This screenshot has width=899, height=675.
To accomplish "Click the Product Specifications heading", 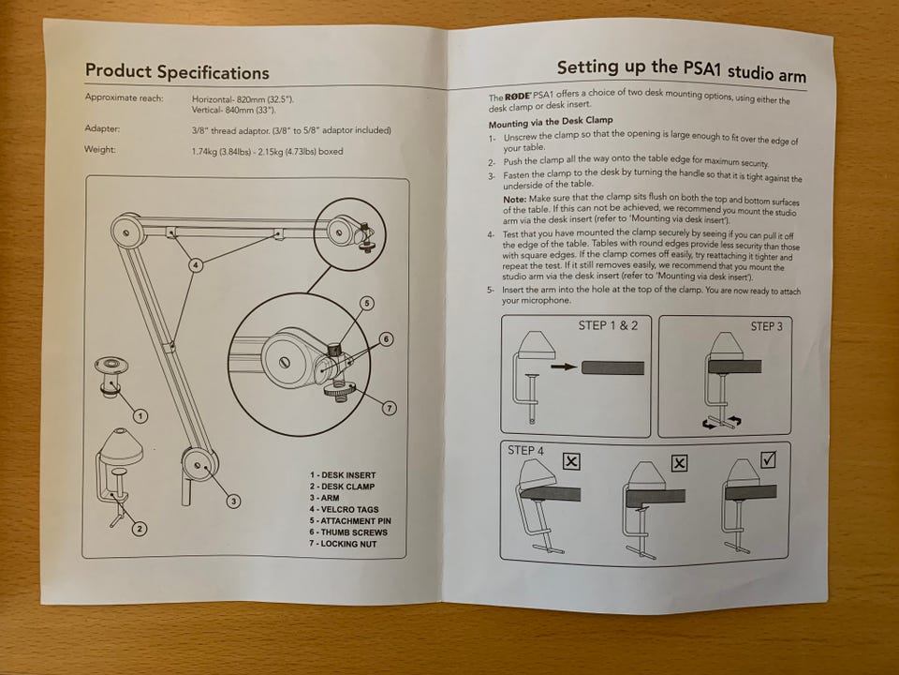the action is pyautogui.click(x=177, y=72).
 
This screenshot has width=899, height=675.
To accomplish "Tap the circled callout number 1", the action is pyautogui.click(x=140, y=415).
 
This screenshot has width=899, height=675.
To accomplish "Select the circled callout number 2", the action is pyautogui.click(x=140, y=528).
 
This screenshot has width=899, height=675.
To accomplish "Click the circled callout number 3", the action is pyautogui.click(x=233, y=501).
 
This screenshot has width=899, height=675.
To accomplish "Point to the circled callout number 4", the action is pyautogui.click(x=196, y=265).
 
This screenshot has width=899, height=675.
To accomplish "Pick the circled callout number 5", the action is pyautogui.click(x=367, y=303).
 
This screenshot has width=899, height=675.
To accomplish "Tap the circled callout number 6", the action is pyautogui.click(x=387, y=339).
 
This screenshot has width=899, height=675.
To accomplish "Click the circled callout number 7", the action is pyautogui.click(x=390, y=408).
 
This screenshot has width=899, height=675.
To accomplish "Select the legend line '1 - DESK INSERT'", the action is pyautogui.click(x=343, y=475).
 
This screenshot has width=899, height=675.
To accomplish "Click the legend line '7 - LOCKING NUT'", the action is pyautogui.click(x=343, y=544).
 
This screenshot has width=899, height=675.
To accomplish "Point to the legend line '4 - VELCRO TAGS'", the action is pyautogui.click(x=343, y=509).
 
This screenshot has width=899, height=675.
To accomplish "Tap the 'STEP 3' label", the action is pyautogui.click(x=767, y=326).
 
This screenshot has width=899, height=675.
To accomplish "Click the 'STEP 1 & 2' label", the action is pyautogui.click(x=608, y=325).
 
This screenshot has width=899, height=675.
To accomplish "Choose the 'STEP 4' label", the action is pyautogui.click(x=525, y=451).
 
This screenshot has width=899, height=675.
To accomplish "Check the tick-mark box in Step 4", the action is pyautogui.click(x=769, y=459).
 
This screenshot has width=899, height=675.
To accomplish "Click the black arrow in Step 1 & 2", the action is pyautogui.click(x=564, y=367).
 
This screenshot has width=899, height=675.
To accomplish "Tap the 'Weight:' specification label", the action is pyautogui.click(x=100, y=149).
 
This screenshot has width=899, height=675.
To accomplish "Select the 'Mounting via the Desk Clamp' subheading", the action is pyautogui.click(x=551, y=122).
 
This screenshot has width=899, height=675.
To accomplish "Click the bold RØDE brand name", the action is pyautogui.click(x=518, y=96).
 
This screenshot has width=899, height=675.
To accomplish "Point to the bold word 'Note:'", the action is pyautogui.click(x=515, y=199).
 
